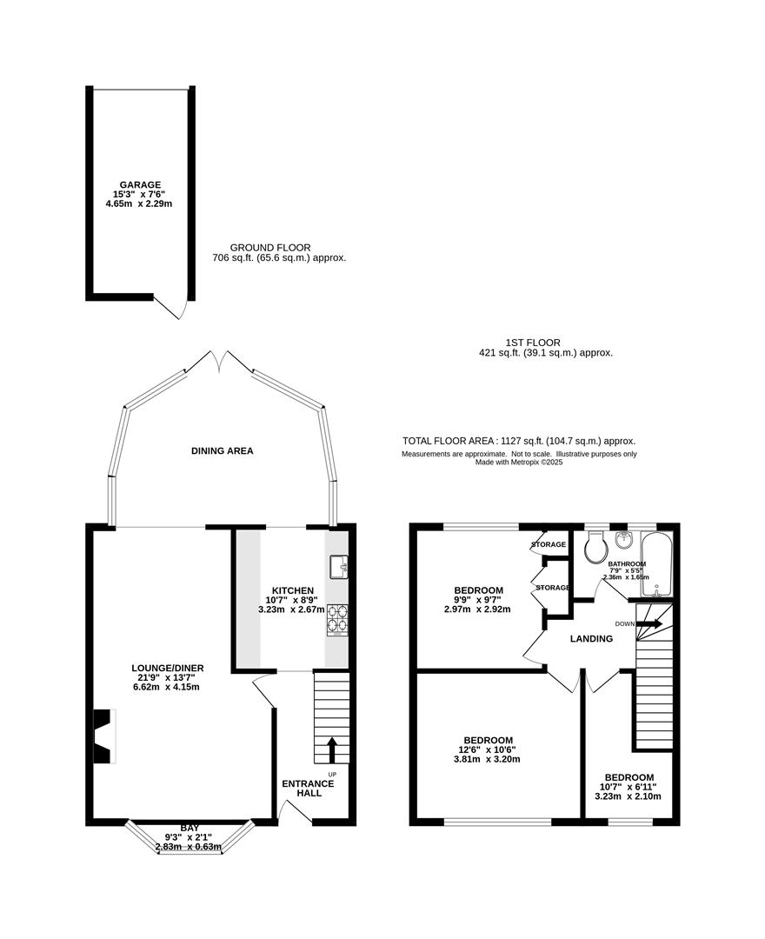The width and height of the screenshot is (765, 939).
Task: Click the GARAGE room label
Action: [140, 185]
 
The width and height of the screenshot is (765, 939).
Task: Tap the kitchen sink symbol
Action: [339, 567]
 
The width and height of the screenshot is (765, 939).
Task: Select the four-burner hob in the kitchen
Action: [337, 620]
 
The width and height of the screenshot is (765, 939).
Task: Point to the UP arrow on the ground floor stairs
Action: [331, 750]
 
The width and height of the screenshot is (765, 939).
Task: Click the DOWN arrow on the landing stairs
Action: [649, 623]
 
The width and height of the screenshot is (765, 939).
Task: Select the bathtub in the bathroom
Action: [656, 564]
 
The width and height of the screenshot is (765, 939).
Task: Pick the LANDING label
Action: [591, 639]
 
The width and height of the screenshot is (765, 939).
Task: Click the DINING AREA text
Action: [222, 451]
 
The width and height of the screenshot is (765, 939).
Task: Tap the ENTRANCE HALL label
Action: [309, 788]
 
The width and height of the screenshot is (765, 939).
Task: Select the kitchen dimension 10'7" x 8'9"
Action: [291, 600]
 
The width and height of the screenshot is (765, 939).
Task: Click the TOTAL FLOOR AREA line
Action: [519, 442]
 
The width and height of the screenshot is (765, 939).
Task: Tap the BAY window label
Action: [190, 829]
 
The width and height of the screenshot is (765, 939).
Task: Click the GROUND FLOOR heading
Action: [270, 248]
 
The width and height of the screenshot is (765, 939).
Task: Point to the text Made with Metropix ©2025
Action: [519, 463]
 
